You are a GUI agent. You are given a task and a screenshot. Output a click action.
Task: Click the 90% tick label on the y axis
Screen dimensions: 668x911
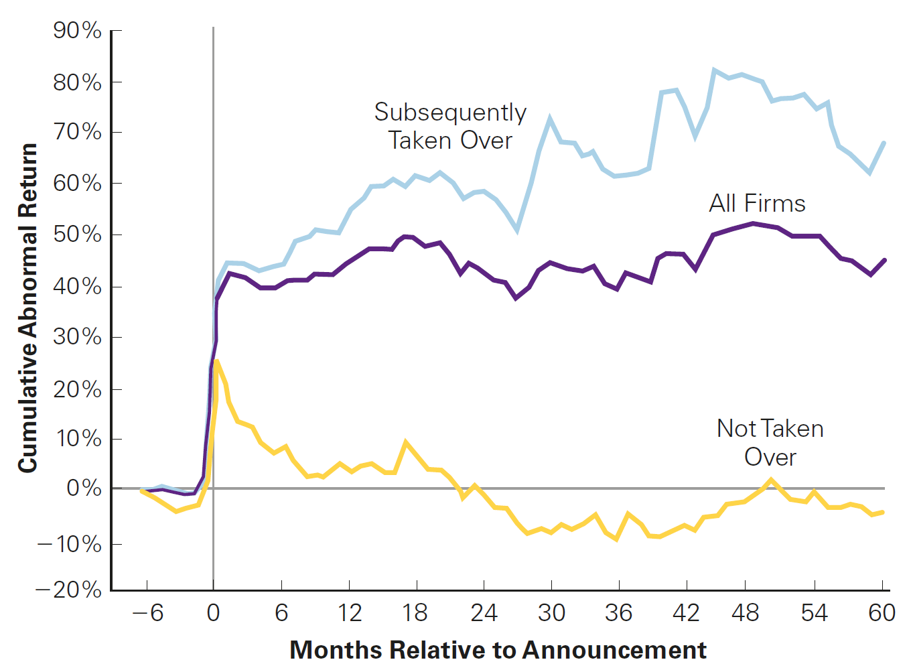[x=77, y=30]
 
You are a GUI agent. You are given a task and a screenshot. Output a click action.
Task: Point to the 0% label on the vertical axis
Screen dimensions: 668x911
[x=84, y=488]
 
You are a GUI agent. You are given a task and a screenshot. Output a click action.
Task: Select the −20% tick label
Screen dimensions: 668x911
[x=68, y=590]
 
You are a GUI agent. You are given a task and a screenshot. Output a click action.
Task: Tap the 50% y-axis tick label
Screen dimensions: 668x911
[x=77, y=235]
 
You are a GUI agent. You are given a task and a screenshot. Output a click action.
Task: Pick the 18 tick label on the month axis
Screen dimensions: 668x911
[x=415, y=612]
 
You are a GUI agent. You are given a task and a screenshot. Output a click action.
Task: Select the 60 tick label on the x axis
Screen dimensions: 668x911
[x=882, y=612]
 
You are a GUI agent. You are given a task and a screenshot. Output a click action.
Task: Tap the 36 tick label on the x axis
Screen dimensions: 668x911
[x=618, y=612]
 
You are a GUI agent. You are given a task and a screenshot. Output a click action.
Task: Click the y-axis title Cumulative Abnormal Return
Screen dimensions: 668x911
[x=27, y=308]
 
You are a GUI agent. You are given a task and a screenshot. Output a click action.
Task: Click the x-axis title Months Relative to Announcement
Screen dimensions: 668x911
[x=498, y=650]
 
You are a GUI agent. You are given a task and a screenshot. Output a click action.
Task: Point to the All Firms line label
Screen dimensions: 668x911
[x=757, y=204]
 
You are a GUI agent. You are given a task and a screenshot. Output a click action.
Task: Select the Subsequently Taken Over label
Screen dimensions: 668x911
[x=450, y=127]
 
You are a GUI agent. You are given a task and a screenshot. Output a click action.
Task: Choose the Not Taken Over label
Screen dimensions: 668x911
[x=770, y=443]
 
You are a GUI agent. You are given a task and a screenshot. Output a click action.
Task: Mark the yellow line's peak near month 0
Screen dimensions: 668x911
[x=217, y=361]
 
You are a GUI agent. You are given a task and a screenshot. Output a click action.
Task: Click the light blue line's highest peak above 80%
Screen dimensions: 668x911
[x=714, y=70]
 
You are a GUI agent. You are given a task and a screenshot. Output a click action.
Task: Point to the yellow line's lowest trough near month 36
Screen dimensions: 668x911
[x=617, y=539]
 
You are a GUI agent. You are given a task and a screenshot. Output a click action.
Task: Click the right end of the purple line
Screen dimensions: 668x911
[x=885, y=260]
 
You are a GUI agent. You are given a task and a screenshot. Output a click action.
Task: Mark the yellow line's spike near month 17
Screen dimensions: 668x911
[x=405, y=442]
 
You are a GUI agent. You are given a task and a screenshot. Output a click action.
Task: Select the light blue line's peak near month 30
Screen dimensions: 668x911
[x=550, y=119]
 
